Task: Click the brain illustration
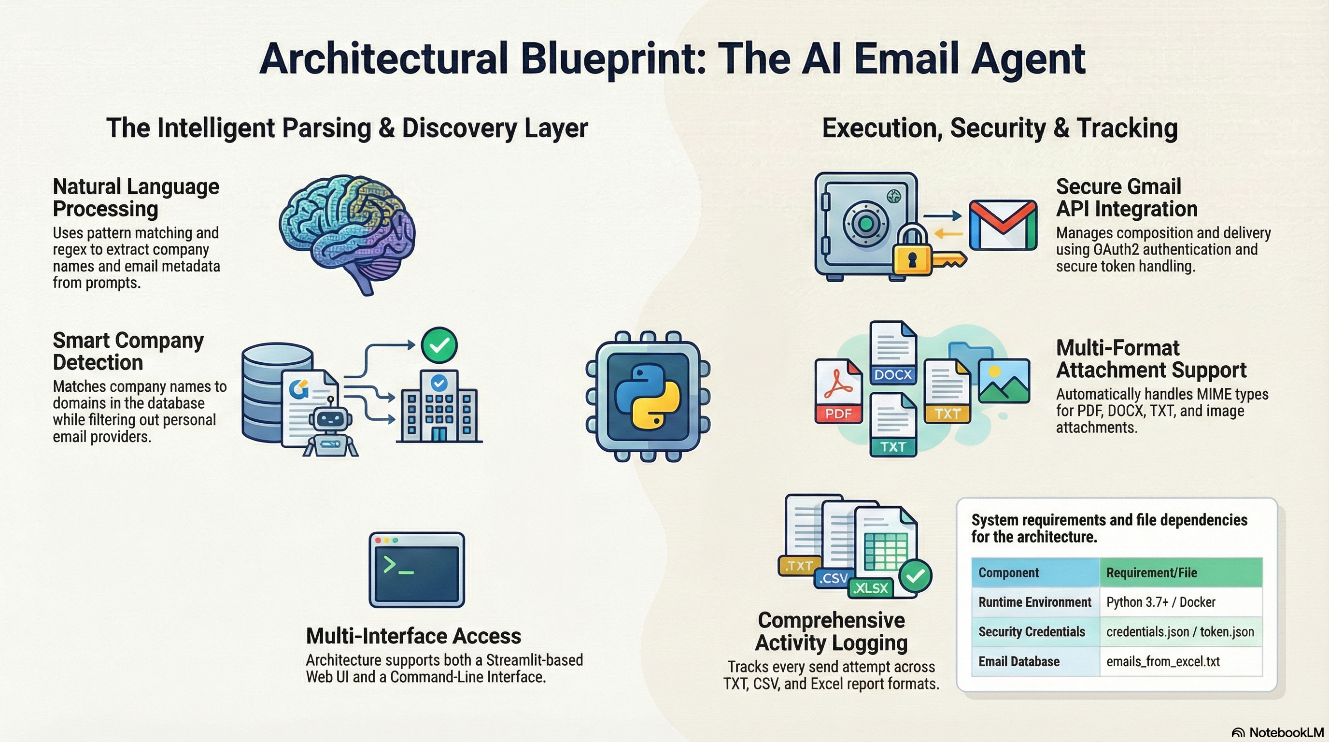(x=347, y=232)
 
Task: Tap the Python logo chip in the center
(x=648, y=396)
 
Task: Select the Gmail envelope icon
(x=1003, y=226)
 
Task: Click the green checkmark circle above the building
(x=439, y=345)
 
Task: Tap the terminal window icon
(x=417, y=570)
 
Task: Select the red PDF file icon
(x=838, y=391)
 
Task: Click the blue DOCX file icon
(x=892, y=353)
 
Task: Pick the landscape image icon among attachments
(x=1004, y=381)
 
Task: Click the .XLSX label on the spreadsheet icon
(x=871, y=588)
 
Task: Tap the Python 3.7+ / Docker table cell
(x=1161, y=602)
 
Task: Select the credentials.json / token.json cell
(x=1180, y=631)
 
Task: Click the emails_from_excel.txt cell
(x=1163, y=661)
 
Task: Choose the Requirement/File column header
(x=1151, y=573)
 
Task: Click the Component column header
(x=1009, y=573)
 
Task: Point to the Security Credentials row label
(x=1032, y=631)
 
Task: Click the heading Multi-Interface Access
(x=413, y=636)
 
